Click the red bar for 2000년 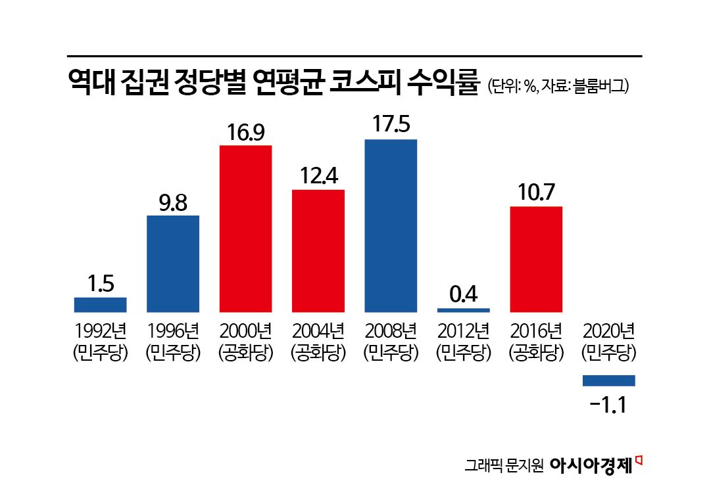coord(245,229)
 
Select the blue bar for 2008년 coord(391,225)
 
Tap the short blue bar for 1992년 coord(100,305)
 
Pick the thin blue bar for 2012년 coord(464,309)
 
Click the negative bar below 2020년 coord(608,380)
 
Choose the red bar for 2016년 coord(536,260)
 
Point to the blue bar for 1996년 coord(173,263)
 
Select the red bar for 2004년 coord(318,251)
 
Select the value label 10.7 coord(536,193)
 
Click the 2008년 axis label coord(391,329)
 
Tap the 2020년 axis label coord(608,329)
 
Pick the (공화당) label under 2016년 coord(536,354)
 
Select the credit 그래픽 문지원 coord(503,465)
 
